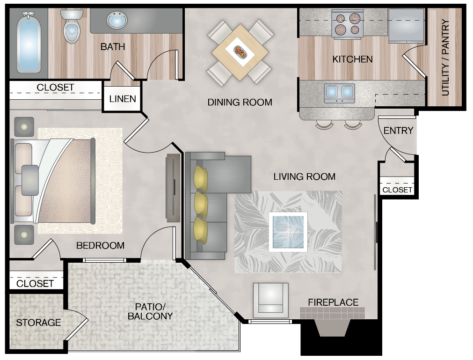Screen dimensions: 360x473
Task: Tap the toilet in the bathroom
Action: (72, 28)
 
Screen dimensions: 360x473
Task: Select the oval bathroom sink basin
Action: (117, 21)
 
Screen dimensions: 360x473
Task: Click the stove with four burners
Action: (347, 24)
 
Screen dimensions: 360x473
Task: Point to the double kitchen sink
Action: (340, 92)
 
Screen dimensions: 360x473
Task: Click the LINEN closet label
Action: (123, 99)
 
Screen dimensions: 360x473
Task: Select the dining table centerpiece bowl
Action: (240, 51)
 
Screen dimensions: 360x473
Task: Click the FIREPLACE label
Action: (333, 302)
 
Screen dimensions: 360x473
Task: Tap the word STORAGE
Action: (38, 323)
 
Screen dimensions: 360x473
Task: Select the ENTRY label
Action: (398, 131)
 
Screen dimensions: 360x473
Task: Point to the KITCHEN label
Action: (352, 59)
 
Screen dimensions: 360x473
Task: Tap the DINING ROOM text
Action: (240, 102)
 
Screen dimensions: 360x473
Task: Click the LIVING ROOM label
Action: (304, 176)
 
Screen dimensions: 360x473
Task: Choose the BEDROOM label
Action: (100, 245)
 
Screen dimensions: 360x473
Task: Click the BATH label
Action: (113, 47)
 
